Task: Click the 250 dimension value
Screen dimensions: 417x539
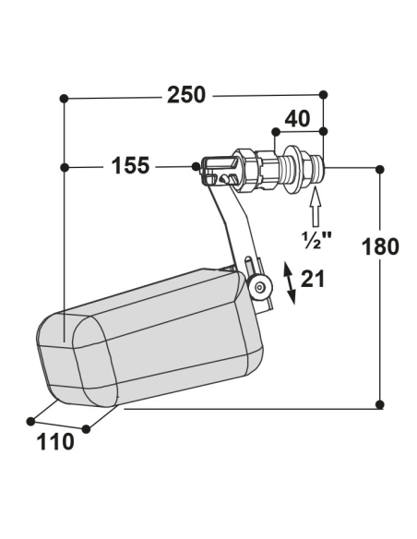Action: tap(186, 95)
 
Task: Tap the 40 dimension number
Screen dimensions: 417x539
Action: tap(297, 119)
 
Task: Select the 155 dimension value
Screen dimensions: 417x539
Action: tap(130, 165)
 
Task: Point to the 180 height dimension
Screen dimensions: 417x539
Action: tap(380, 246)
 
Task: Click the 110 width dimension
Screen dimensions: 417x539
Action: tap(55, 442)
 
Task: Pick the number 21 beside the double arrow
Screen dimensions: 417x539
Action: tap(313, 279)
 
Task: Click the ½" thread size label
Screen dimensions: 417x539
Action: tap(317, 240)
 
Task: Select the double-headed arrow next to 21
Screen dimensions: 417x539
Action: tap(289, 283)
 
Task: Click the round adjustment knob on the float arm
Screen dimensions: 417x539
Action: tap(259, 287)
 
